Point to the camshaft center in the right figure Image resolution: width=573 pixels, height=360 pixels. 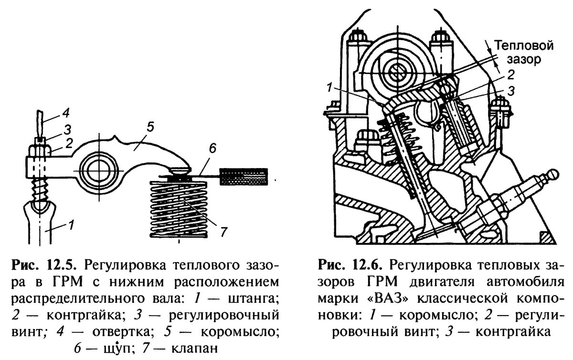tap(395, 72)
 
